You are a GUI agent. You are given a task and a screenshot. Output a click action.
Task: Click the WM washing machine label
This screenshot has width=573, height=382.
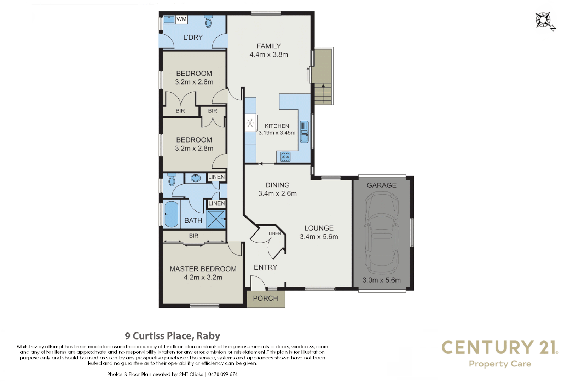point(181,19)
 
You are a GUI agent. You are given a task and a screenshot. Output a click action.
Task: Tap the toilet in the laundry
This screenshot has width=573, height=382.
point(208,22)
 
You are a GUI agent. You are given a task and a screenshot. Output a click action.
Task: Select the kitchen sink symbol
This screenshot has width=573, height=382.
point(304,132)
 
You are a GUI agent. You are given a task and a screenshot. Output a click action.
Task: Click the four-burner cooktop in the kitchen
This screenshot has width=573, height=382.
point(285,157)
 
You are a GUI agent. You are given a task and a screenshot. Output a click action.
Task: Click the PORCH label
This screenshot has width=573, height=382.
point(265,299)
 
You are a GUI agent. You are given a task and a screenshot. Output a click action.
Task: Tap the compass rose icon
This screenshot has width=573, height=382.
point(544,21)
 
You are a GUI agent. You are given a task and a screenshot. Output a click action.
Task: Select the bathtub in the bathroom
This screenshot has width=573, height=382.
point(172,214)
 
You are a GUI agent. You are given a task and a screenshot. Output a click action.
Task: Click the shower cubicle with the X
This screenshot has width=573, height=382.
point(216,219)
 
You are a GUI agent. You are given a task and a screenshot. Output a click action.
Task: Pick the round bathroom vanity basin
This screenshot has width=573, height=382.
point(196,178)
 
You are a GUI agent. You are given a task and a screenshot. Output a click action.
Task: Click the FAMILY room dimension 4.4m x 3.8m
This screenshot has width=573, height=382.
point(269,54)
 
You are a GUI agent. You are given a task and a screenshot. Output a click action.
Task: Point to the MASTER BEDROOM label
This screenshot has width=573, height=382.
point(203,269)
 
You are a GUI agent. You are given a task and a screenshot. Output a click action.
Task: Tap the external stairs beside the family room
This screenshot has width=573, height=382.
point(323,94)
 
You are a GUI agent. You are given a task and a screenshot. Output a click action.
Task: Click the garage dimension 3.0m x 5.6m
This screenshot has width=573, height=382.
point(382,280)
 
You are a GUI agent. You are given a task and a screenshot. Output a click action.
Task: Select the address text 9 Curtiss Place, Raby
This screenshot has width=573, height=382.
point(173,336)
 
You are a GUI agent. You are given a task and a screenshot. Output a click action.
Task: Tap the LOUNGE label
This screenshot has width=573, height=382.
point(319,228)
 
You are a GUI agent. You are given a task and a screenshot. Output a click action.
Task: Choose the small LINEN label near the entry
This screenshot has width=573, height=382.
point(274,233)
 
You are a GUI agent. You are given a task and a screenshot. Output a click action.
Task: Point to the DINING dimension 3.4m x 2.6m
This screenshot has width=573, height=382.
point(277,193)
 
